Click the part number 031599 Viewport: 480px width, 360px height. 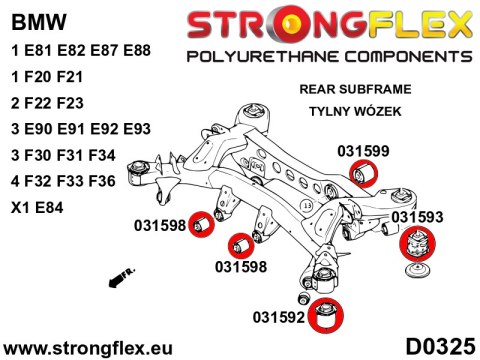(363, 150)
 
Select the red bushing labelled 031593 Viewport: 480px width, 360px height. (420, 244)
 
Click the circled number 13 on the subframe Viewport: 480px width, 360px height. (306, 206)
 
